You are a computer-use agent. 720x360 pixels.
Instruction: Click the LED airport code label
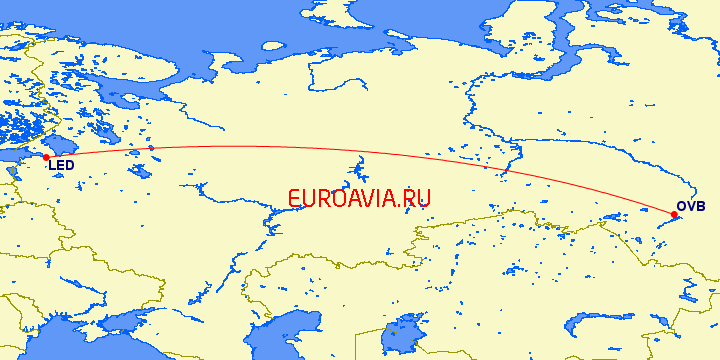(x=61, y=167)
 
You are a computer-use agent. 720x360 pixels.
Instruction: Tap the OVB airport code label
(x=691, y=207)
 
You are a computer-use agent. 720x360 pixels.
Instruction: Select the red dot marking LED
(x=46, y=157)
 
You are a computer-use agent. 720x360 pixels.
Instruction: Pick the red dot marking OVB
(x=674, y=214)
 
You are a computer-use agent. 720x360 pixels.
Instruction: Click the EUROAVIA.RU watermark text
(x=358, y=198)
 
